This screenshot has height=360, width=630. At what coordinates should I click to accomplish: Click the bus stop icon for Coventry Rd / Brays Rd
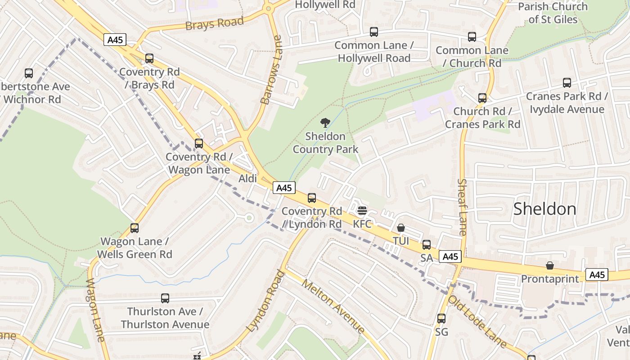[149, 58]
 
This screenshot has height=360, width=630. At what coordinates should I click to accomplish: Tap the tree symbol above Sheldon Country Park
[325, 123]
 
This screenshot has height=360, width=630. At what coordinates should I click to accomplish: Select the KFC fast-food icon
[362, 211]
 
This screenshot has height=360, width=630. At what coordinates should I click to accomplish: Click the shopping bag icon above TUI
[401, 228]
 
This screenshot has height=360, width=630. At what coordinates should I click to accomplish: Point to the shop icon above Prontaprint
[549, 265]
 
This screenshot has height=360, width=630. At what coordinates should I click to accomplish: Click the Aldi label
[247, 179]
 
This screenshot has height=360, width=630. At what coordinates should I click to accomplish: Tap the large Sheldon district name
[544, 209]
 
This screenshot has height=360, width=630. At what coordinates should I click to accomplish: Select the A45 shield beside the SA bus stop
[450, 256]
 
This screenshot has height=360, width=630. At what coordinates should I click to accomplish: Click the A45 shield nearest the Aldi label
[284, 188]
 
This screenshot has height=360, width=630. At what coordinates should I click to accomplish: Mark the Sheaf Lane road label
[463, 207]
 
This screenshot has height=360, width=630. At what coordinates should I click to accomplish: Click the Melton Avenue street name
[333, 306]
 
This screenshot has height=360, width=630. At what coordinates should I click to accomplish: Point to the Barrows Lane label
[272, 70]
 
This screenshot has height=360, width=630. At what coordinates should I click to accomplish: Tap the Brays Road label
[215, 23]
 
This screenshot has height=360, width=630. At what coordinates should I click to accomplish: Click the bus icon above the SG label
[441, 319]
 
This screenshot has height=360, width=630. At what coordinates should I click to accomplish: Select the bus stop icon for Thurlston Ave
[165, 298]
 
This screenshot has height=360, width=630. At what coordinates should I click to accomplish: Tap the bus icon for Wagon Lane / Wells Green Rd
[135, 228]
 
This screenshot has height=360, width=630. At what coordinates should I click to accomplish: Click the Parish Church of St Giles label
[553, 13]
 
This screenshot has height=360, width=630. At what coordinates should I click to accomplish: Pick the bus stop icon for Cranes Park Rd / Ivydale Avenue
[567, 83]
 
